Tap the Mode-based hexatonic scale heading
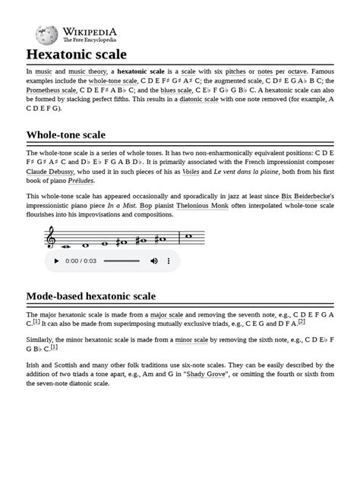[x=91, y=295]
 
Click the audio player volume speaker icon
[x=154, y=261]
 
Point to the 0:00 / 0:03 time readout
[x=81, y=261]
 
